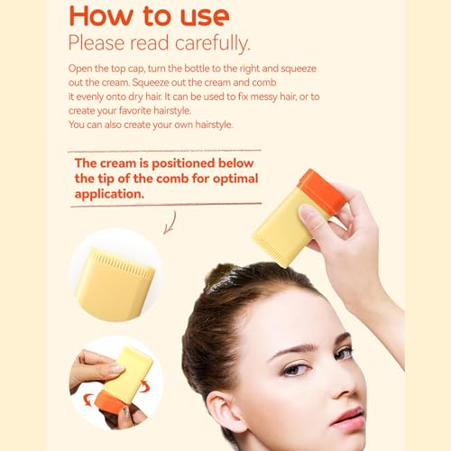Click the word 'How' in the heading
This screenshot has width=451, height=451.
click(x=101, y=16)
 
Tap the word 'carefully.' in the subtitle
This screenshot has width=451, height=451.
click(x=212, y=43)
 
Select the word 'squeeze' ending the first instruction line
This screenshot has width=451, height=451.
click(x=299, y=69)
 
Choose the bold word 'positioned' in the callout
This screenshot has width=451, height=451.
click(x=183, y=163)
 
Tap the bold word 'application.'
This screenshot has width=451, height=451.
click(x=109, y=194)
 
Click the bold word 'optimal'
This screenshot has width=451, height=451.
click(x=235, y=179)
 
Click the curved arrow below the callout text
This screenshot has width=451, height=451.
click(x=170, y=223)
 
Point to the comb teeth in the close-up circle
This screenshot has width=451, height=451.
click(x=124, y=262)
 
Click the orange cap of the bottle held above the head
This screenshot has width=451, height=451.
click(x=322, y=190)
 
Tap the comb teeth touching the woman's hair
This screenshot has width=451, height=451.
click(x=272, y=252)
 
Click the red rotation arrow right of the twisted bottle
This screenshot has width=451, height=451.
click(x=144, y=385)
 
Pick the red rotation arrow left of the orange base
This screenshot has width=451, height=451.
click(x=87, y=400)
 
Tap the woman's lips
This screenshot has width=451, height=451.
click(x=348, y=418)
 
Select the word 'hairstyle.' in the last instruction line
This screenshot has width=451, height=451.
click(x=214, y=124)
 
